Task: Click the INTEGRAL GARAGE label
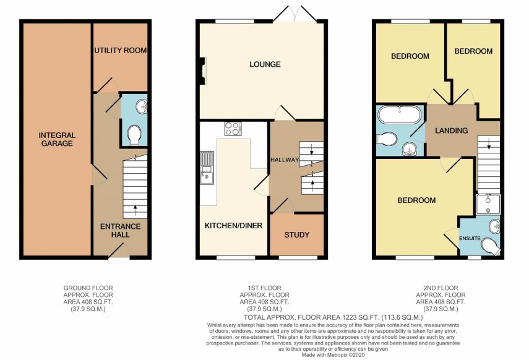[56, 139]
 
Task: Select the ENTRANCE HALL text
[120, 231]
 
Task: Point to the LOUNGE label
[265, 64]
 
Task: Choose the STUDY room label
[297, 235]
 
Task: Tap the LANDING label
[451, 131]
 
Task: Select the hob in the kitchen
[233, 129]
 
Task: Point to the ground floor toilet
[133, 134]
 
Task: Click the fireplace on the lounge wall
[202, 69]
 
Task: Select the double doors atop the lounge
[295, 14]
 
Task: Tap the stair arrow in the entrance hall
[135, 207]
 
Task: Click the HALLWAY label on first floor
[285, 160]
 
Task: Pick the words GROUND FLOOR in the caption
[88, 288]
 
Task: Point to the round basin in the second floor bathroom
[409, 148]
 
